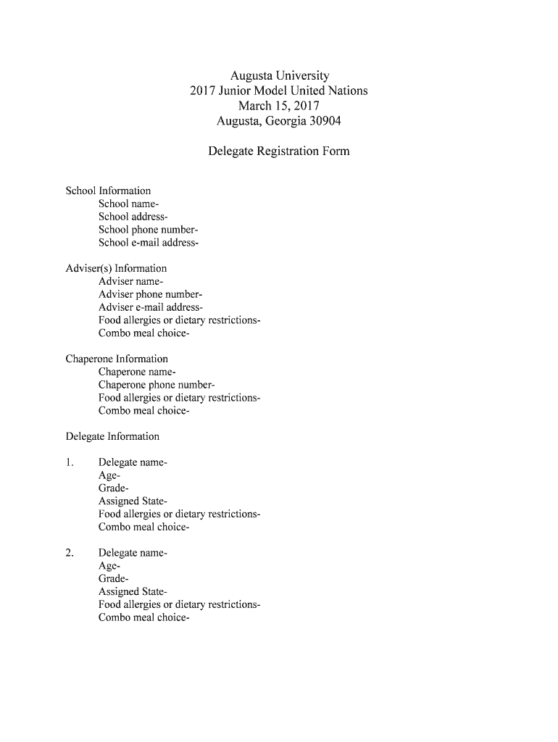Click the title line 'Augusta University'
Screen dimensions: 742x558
(279, 75)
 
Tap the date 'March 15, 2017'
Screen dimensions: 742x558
(279, 106)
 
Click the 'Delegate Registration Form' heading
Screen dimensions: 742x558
(279, 151)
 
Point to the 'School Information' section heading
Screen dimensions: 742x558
(108, 191)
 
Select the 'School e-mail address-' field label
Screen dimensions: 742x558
(149, 243)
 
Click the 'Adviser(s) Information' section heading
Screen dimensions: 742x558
(116, 268)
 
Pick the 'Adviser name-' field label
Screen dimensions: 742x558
(131, 281)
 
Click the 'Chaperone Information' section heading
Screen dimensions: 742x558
(117, 359)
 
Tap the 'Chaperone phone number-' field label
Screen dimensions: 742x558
(157, 385)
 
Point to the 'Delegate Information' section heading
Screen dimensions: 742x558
(112, 436)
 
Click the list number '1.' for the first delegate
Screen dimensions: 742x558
(70, 462)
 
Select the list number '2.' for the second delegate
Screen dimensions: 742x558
(70, 553)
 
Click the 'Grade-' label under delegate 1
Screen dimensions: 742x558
(114, 488)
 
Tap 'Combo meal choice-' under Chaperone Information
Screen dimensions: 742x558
(144, 411)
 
